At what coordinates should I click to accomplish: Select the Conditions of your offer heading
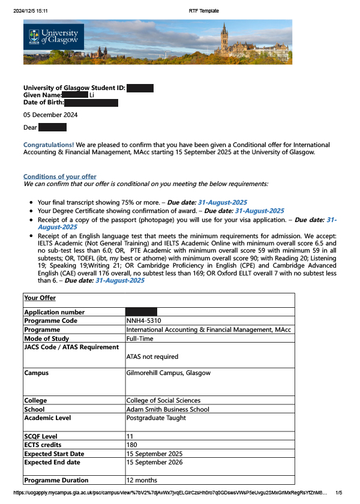[x=59, y=176]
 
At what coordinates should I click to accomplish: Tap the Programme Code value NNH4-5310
[x=144, y=321]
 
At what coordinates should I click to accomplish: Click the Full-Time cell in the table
[x=140, y=338]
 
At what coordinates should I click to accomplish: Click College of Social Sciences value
[x=163, y=401]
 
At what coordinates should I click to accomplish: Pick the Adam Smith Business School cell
[x=168, y=410]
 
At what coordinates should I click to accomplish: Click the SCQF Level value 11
[x=130, y=436]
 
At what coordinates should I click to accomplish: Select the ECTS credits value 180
[x=132, y=445]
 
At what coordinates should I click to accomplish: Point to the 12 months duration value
[x=142, y=480]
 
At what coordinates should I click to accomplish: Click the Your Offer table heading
[x=40, y=298]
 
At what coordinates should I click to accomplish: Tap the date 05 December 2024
[x=50, y=115]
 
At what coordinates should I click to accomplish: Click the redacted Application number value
[x=141, y=312]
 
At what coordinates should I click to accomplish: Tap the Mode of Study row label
[x=47, y=338]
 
